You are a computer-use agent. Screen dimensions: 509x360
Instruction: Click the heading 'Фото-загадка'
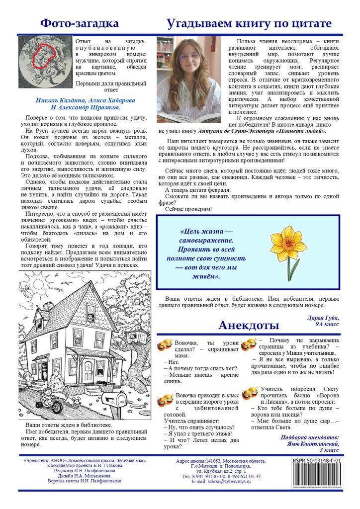(x=80, y=23)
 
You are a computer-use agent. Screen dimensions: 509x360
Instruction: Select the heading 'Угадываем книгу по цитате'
(x=249, y=23)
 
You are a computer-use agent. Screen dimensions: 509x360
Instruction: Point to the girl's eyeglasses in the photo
(x=181, y=58)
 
